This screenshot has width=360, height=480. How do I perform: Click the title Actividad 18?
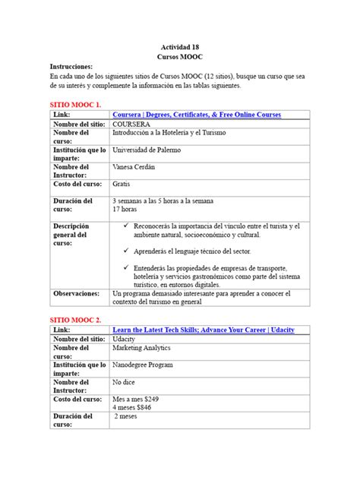click(x=179, y=46)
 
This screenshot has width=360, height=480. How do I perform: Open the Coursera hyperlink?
click(x=196, y=114)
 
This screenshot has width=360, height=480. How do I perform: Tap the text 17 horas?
click(x=124, y=209)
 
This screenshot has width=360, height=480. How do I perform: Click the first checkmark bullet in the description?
click(x=126, y=226)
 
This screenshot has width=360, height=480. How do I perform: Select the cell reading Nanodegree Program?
click(x=146, y=365)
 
